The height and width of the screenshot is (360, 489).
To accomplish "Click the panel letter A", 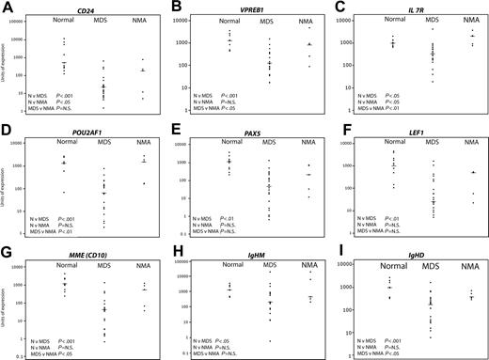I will tap(7, 8).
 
